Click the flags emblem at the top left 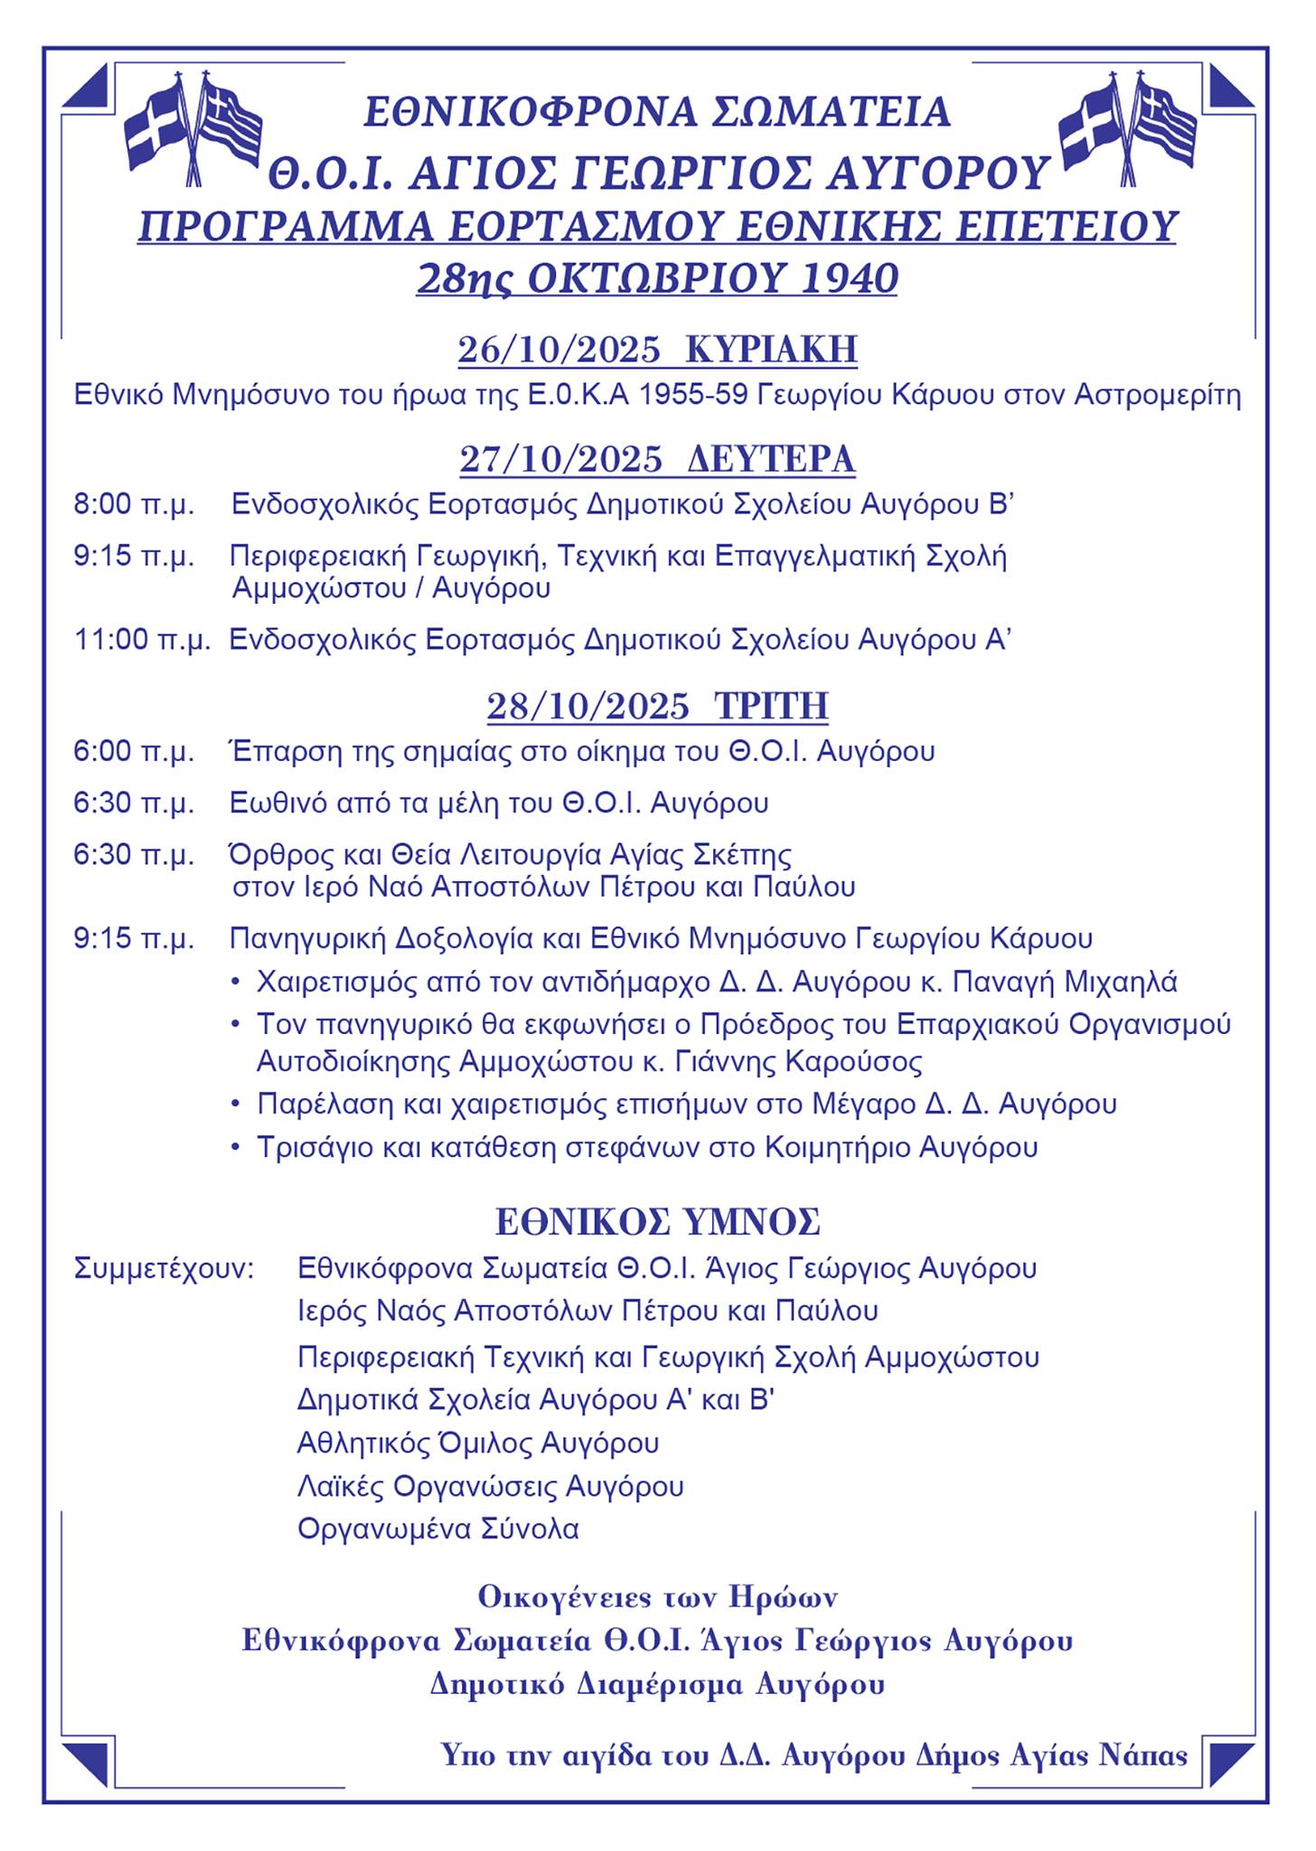(x=192, y=128)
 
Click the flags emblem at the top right (x=1126, y=128)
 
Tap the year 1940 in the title (x=850, y=278)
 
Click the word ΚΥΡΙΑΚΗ (x=771, y=350)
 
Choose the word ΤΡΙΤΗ (x=771, y=706)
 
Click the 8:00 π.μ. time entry (x=134, y=504)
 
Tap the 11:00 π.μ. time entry (x=142, y=640)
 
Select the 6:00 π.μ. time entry (x=134, y=751)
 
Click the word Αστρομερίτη (x=1157, y=396)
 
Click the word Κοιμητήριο (x=837, y=1148)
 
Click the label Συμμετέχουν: (x=164, y=1268)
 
